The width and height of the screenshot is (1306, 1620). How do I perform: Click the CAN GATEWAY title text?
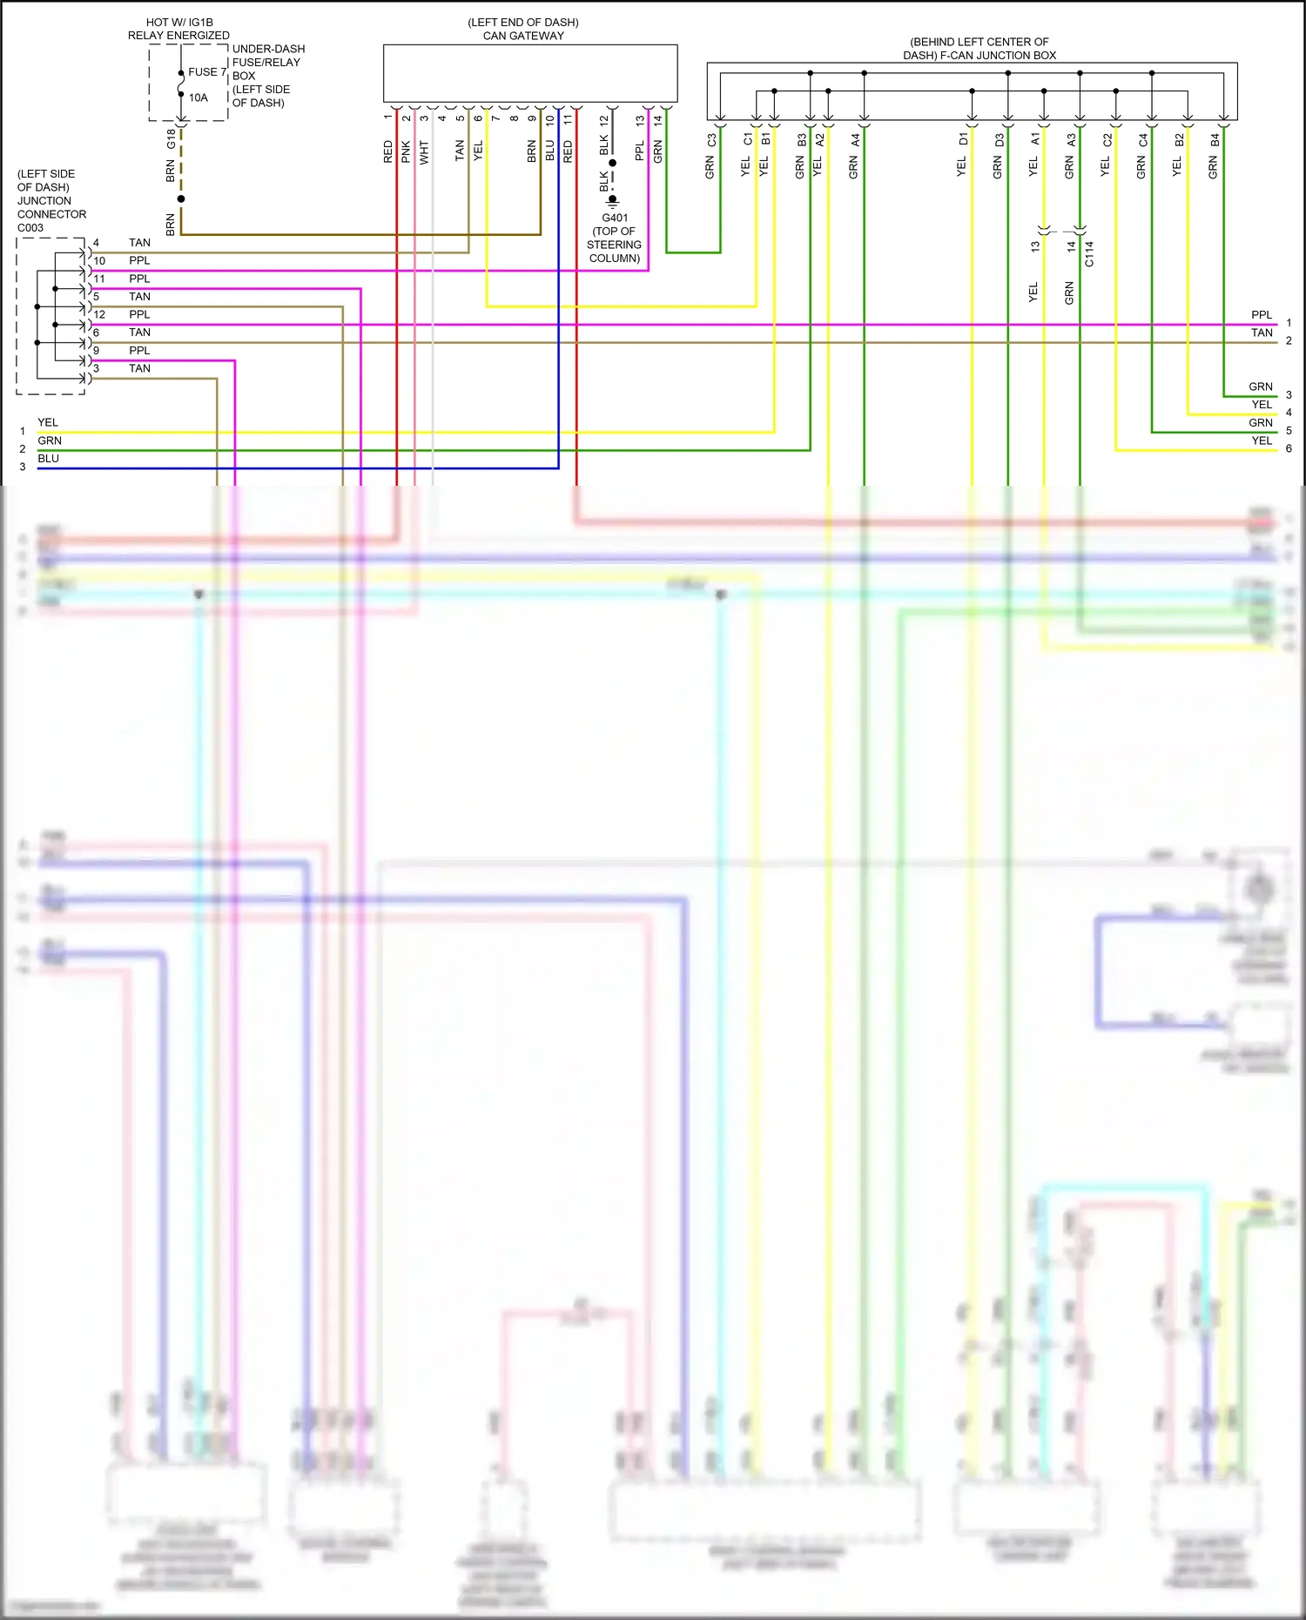(523, 36)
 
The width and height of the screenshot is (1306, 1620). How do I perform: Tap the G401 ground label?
(615, 218)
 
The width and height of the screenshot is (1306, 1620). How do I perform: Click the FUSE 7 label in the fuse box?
(206, 72)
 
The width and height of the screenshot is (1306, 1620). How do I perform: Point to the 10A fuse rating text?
(199, 97)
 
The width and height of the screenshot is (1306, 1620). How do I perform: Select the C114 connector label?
(1089, 253)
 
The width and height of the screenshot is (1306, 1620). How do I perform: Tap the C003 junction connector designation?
(30, 228)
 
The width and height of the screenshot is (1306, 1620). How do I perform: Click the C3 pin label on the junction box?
(711, 139)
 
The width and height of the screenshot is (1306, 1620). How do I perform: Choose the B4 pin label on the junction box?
(1215, 139)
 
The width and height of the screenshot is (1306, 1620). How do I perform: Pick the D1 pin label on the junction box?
(963, 139)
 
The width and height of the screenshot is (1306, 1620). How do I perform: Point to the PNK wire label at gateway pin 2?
(406, 152)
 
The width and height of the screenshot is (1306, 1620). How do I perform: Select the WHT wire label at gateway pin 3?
(424, 152)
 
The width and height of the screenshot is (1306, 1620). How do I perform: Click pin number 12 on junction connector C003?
(99, 314)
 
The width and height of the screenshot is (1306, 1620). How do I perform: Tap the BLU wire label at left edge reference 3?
(49, 459)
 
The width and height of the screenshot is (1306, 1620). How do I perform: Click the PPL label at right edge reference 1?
(1261, 315)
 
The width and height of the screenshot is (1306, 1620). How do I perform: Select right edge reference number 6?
(1289, 448)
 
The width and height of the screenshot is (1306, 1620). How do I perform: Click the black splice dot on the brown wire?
(181, 198)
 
